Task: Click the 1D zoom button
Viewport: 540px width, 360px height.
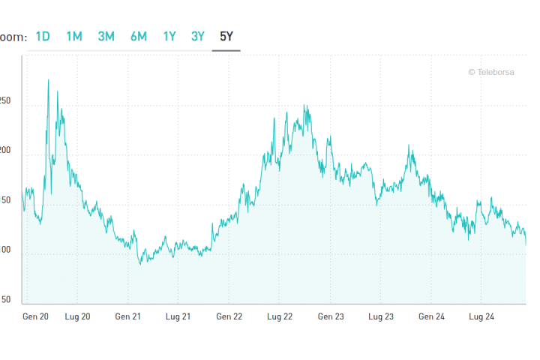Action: [x=42, y=36]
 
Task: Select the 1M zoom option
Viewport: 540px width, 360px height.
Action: [x=74, y=36]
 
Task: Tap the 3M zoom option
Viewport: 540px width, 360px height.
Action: [x=106, y=36]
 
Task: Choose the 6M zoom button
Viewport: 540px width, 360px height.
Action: [x=138, y=36]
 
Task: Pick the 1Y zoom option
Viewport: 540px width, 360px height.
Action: [x=169, y=36]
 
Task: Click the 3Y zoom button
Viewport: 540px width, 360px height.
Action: [x=198, y=36]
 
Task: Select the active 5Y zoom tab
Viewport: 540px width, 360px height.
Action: [x=226, y=36]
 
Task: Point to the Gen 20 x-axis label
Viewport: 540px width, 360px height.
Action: [x=36, y=317]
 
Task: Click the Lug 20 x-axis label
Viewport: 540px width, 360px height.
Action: [x=77, y=317]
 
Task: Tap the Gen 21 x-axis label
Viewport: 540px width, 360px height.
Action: [x=128, y=317]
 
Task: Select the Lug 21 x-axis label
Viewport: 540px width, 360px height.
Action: [x=178, y=317]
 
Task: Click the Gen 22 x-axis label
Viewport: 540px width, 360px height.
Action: [x=229, y=317]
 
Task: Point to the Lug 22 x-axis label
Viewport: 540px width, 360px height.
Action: [x=279, y=317]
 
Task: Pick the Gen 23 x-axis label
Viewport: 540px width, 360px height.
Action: [x=331, y=317]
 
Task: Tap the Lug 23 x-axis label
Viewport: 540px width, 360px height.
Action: [x=380, y=317]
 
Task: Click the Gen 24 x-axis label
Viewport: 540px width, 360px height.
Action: [x=432, y=317]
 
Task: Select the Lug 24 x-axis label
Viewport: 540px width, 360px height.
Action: [x=481, y=317]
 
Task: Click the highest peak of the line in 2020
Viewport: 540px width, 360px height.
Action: [x=49, y=80]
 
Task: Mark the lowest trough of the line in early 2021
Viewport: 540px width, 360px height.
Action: [x=141, y=264]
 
